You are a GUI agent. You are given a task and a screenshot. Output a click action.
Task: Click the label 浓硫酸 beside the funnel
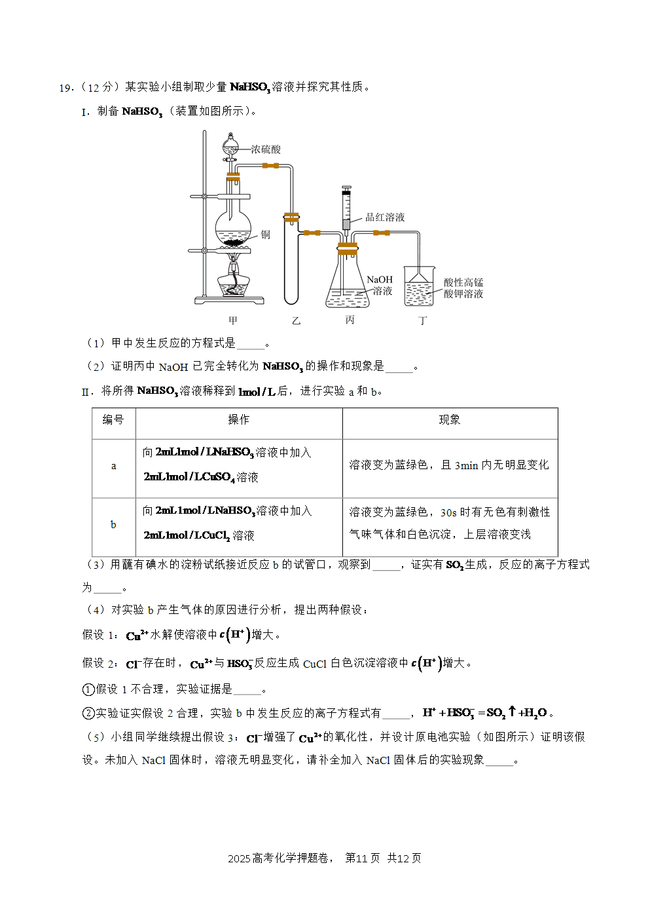pos(266,149)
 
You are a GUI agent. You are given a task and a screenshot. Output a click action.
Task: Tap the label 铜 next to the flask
pos(266,235)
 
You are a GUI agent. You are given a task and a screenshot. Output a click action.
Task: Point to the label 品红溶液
pos(385,218)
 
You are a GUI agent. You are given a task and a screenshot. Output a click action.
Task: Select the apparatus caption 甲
pos(233,320)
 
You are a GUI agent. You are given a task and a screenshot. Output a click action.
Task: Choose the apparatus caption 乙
pos(297,321)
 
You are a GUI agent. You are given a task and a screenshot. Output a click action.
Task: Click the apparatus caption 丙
pos(350,320)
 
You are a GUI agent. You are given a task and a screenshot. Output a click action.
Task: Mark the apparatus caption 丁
pos(423,321)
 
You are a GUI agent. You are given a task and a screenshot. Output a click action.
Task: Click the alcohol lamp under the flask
pos(234,279)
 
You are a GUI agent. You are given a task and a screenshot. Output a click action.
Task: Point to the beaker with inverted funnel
pos(419,286)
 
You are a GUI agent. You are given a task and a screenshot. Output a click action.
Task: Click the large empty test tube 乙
pos(291,259)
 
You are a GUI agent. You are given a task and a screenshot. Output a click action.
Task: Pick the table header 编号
pos(113,420)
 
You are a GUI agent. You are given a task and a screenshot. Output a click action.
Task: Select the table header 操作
pos(239,420)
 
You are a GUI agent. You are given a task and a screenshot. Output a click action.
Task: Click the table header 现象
pos(450,420)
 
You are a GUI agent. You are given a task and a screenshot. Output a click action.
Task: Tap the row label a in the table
pos(114,466)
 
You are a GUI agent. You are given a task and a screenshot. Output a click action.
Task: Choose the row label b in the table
pos(113,524)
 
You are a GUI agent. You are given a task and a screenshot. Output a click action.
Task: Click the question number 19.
pos(66,88)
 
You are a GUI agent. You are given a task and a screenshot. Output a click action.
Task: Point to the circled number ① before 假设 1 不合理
pos(88,689)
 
